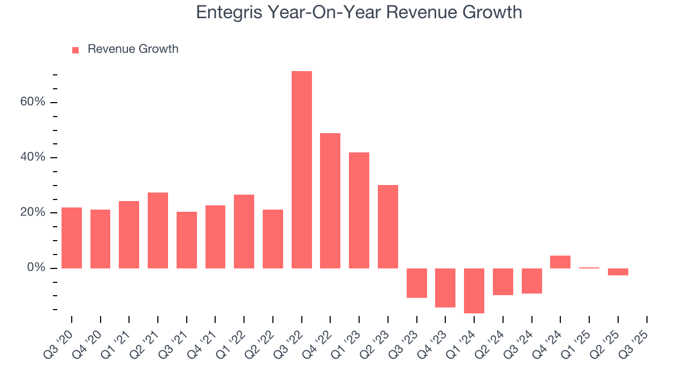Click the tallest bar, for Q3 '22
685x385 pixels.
tap(301, 170)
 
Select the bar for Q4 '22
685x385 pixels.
tap(330, 201)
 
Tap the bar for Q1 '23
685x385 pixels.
tap(359, 210)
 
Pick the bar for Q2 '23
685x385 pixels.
tap(388, 226)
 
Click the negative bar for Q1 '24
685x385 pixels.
tap(474, 290)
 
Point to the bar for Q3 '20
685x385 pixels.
tap(72, 237)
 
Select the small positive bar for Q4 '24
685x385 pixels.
tap(560, 262)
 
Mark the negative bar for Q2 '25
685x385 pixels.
tap(618, 272)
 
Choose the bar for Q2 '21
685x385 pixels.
tap(158, 230)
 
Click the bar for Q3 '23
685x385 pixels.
tap(416, 283)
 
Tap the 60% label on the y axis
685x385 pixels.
tap(33, 102)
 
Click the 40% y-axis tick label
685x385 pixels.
tap(33, 157)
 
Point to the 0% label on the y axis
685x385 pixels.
tap(36, 267)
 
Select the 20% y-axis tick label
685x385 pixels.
tap(33, 212)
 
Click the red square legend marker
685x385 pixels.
tap(75, 50)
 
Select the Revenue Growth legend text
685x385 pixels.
tap(133, 49)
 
